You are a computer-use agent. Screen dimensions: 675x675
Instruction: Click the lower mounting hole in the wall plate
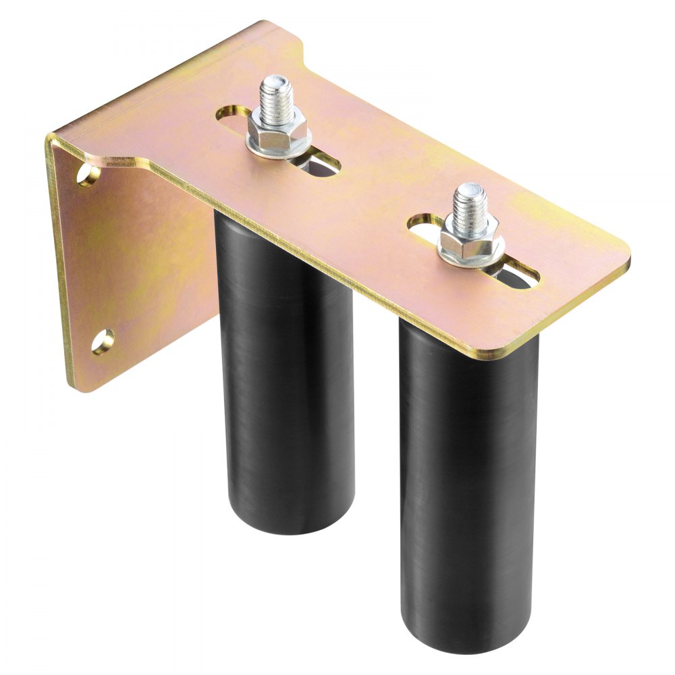click(102, 341)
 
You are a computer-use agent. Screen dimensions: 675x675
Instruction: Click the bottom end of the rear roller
click(290, 523)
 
